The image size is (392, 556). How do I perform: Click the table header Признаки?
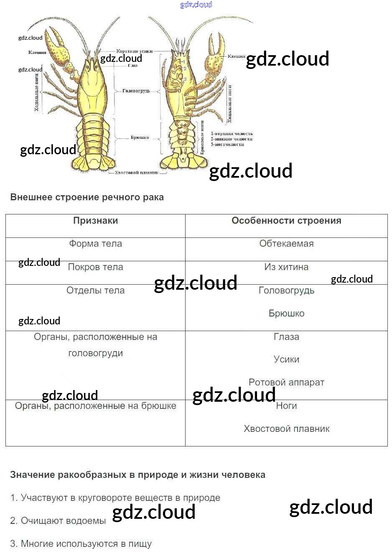tap(95, 221)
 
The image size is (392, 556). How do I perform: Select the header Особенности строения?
tap(286, 221)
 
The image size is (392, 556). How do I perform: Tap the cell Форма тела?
tap(95, 244)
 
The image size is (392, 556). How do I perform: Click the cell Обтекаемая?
tap(286, 244)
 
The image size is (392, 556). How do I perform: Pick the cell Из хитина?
tap(286, 267)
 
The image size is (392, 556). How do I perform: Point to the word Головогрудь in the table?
tap(286, 291)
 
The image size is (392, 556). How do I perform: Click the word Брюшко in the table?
tap(286, 314)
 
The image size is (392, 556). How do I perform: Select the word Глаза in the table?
tap(286, 337)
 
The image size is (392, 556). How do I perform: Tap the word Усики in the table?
tap(286, 360)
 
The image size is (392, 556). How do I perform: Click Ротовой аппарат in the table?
tap(286, 383)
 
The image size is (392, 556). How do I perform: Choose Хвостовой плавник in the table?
tap(286, 429)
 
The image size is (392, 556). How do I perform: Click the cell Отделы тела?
tap(95, 291)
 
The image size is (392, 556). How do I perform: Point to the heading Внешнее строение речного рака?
tap(87, 197)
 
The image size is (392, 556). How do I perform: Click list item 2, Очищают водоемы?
tap(58, 521)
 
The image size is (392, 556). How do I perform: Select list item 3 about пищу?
tap(81, 544)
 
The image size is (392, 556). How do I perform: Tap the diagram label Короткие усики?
tap(134, 51)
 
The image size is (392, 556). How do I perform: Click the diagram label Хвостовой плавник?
tap(137, 173)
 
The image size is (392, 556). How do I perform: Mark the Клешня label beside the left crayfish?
tap(37, 53)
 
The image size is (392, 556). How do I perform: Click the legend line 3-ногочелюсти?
tap(227, 145)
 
